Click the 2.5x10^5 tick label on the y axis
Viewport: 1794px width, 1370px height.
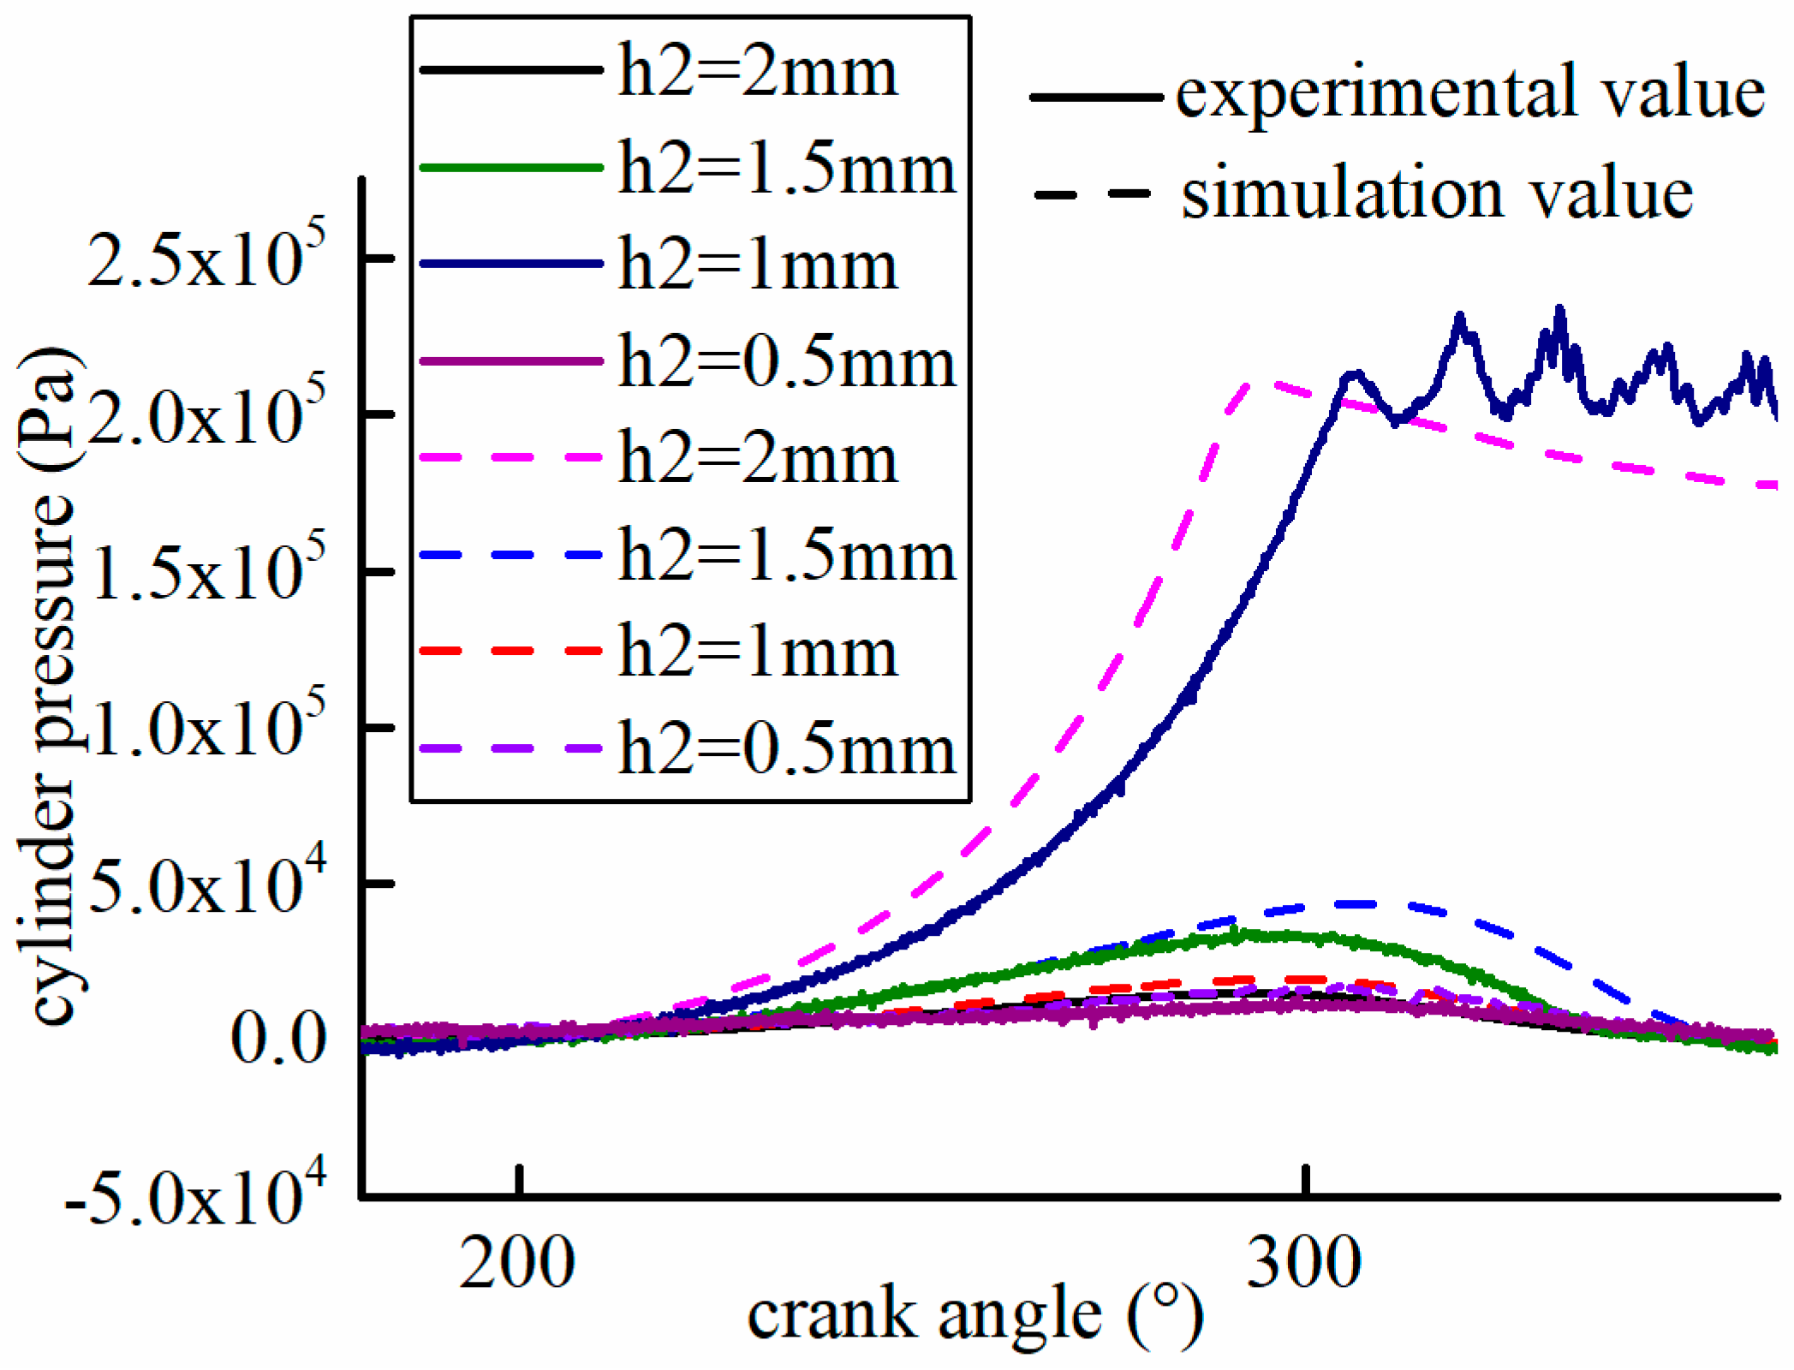coord(206,257)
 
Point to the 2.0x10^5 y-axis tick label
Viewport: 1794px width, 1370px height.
coord(206,414)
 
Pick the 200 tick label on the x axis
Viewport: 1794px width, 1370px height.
coord(516,1263)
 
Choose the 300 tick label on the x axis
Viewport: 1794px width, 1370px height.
coord(1303,1263)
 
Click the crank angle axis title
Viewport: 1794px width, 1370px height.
coord(976,1317)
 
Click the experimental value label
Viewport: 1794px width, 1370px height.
coord(1469,94)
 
